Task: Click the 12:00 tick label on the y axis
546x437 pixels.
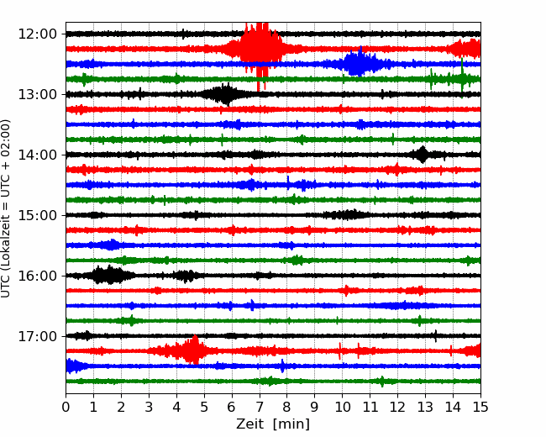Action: (x=37, y=34)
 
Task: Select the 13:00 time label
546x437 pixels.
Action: (x=37, y=94)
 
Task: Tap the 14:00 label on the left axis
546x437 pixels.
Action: (x=37, y=155)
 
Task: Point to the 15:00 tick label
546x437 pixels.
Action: (x=37, y=215)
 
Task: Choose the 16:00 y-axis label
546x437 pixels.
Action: (x=37, y=276)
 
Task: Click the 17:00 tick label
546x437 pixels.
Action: (x=37, y=336)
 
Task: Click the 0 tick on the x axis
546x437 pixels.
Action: (x=66, y=407)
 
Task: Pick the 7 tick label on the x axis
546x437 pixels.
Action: (x=260, y=407)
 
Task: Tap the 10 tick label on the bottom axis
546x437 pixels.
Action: (x=342, y=407)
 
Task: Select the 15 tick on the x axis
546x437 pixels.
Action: (x=480, y=407)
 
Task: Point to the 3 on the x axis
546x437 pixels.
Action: (x=149, y=407)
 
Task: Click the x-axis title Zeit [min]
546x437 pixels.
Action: (x=273, y=424)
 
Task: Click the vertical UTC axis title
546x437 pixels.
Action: (x=5, y=208)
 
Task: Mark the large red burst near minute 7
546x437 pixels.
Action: (x=258, y=49)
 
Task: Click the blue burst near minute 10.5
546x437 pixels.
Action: (x=359, y=63)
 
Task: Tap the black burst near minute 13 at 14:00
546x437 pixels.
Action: (x=423, y=155)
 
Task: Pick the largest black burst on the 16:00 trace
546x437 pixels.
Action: (x=108, y=276)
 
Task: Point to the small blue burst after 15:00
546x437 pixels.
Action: (x=110, y=245)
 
